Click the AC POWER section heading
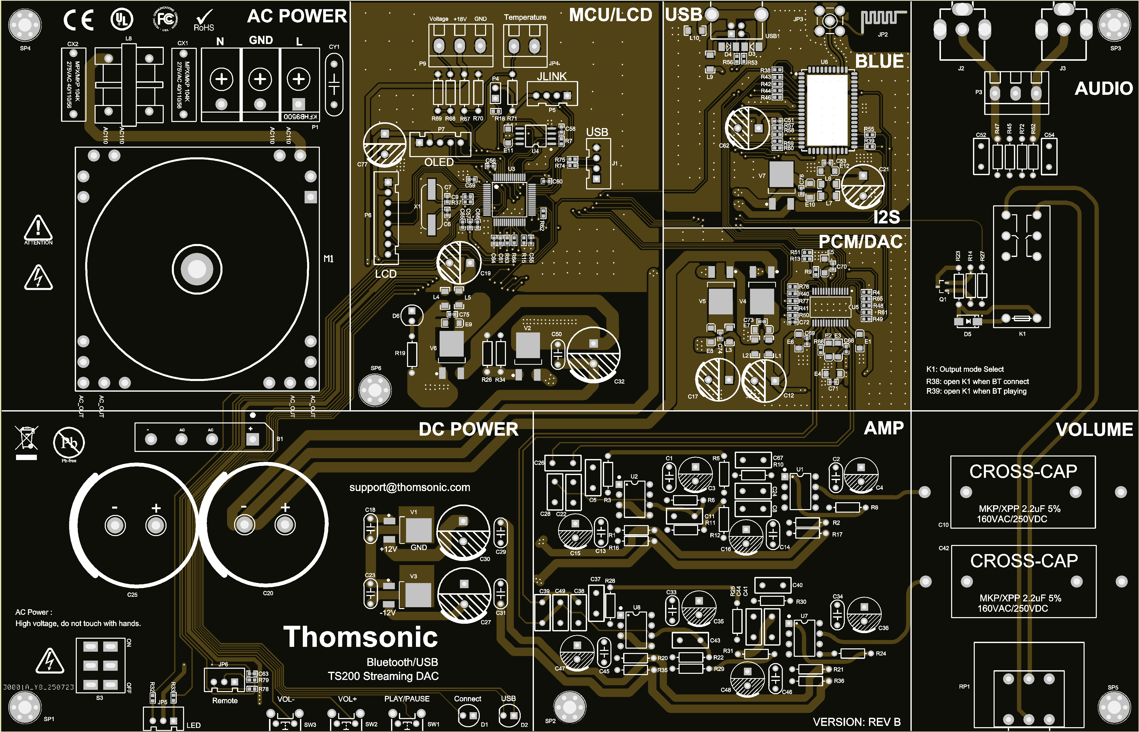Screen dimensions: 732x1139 [297, 16]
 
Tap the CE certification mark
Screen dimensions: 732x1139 [79, 20]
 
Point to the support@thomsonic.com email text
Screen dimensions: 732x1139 [409, 487]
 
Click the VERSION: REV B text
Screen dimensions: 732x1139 [857, 722]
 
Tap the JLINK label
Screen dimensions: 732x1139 [551, 77]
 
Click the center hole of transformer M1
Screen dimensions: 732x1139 [197, 269]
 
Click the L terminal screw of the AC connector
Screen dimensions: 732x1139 [298, 79]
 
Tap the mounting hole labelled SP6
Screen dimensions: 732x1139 [375, 390]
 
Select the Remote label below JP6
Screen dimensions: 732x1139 [225, 701]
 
